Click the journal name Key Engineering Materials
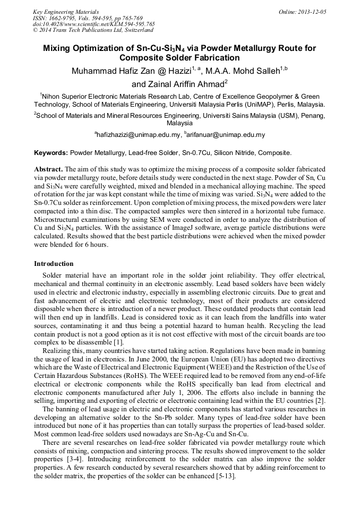(65, 11)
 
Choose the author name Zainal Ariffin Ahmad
(185, 83)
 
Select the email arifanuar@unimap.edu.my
(226, 135)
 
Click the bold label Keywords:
(50, 153)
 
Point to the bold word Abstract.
(48, 168)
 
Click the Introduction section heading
(54, 264)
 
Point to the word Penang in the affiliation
(312, 114)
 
